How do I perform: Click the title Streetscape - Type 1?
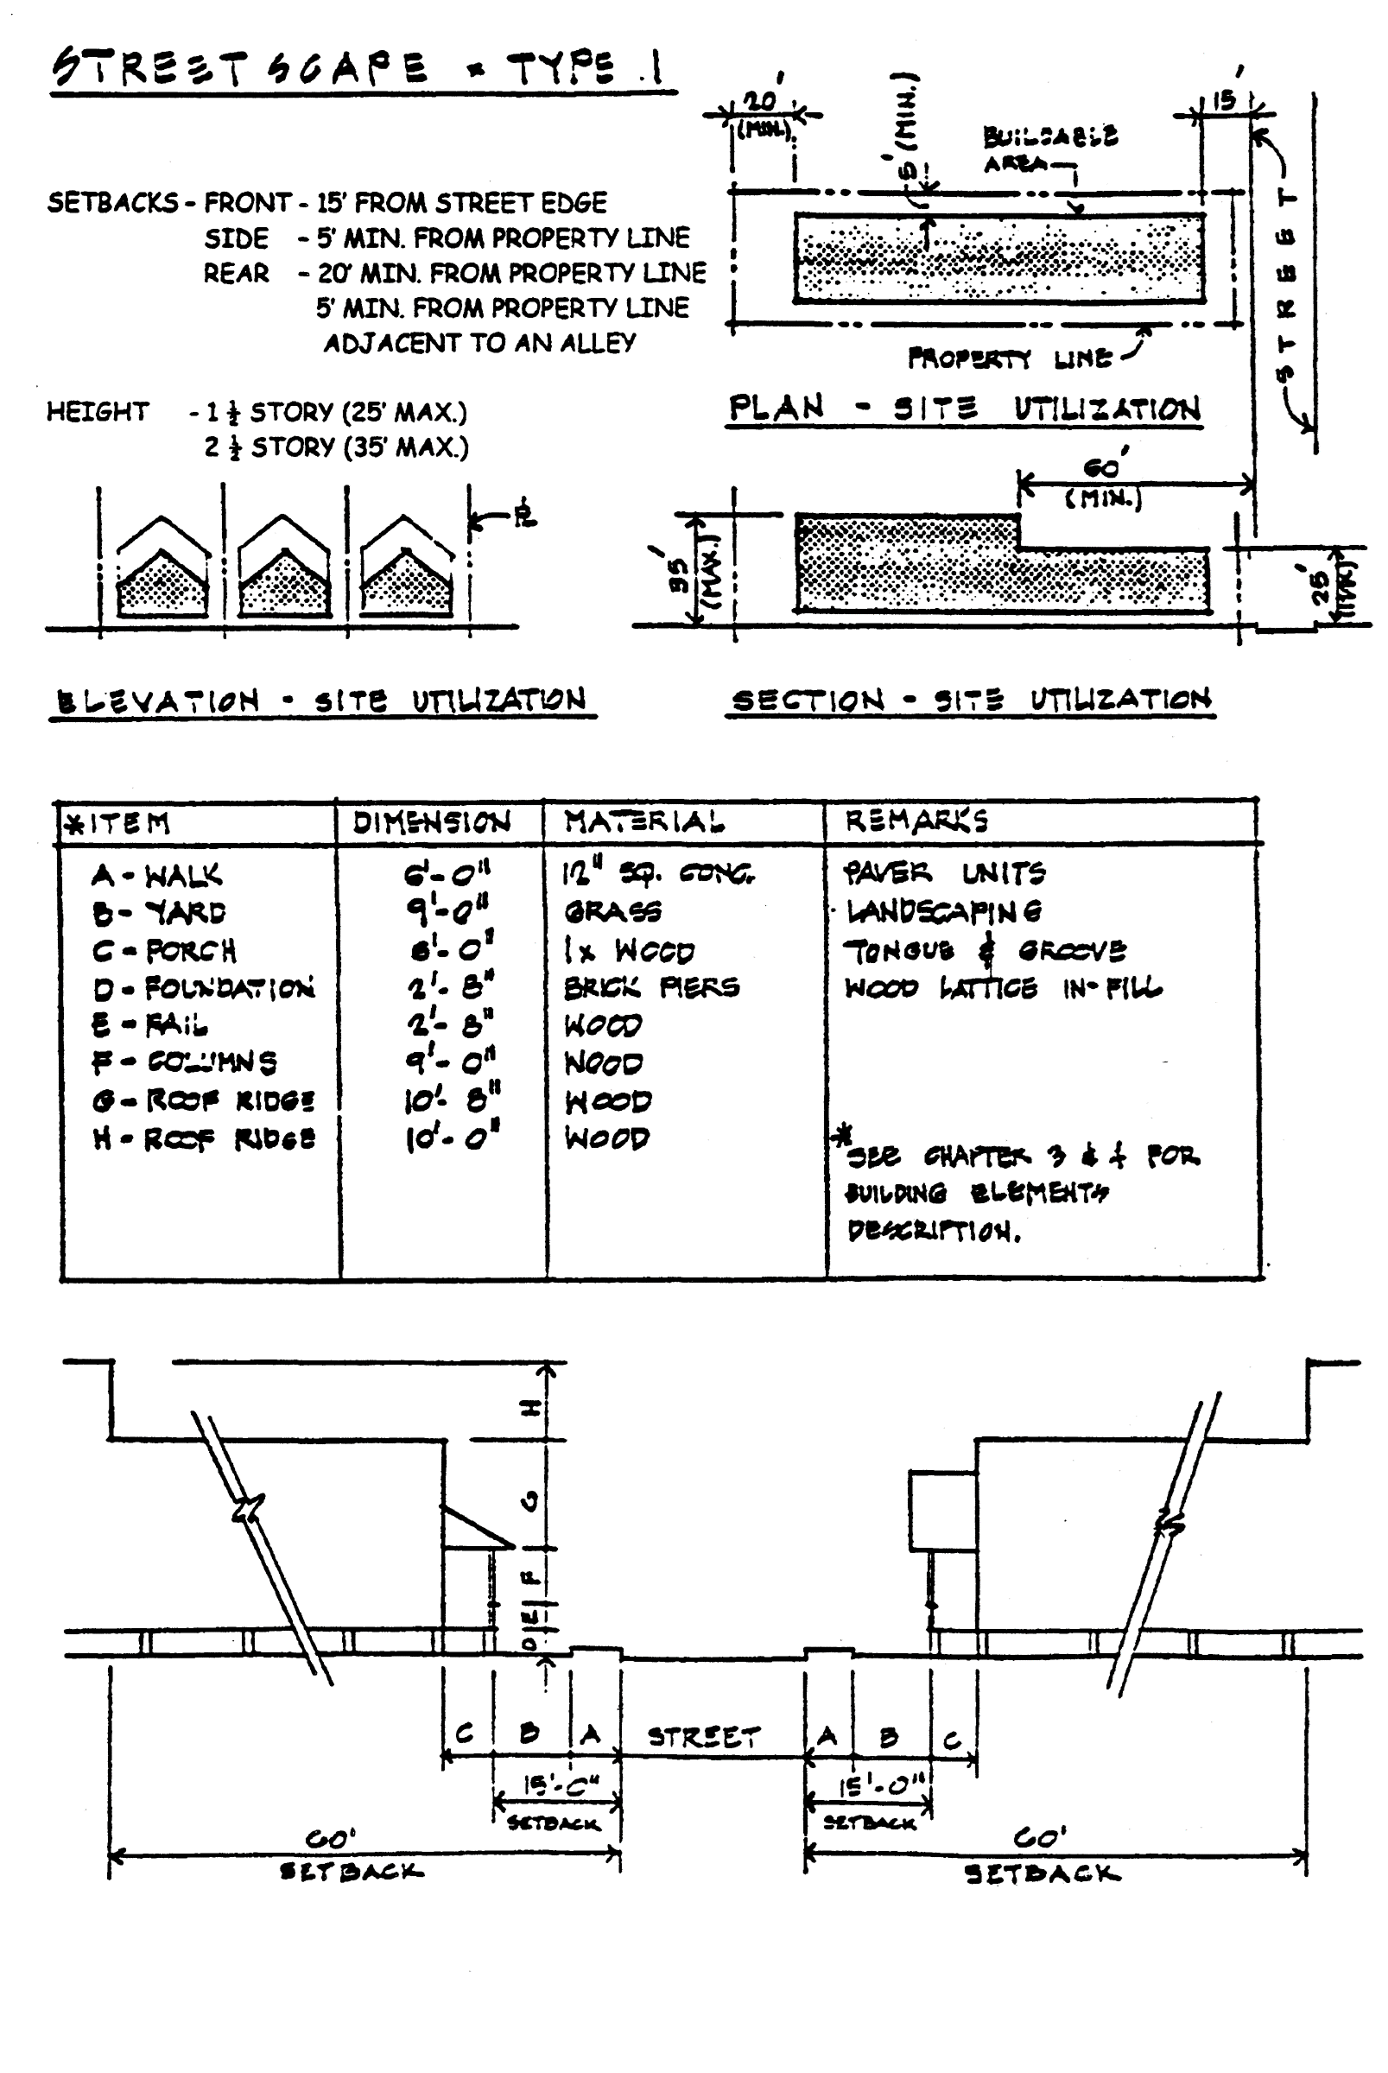tap(358, 69)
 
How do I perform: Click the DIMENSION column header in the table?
tap(431, 822)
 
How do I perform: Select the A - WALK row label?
tap(156, 875)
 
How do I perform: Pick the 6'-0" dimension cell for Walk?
tap(447, 874)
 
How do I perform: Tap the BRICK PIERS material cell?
tap(651, 987)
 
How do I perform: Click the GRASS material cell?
tap(612, 910)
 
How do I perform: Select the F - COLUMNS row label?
tap(184, 1062)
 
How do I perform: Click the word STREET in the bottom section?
tap(704, 1737)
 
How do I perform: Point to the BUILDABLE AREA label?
tap(1049, 149)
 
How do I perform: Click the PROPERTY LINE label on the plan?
tap(1009, 358)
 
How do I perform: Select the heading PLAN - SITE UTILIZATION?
tap(964, 409)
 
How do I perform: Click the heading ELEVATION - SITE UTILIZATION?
tap(321, 701)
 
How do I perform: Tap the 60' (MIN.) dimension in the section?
tap(1103, 482)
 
